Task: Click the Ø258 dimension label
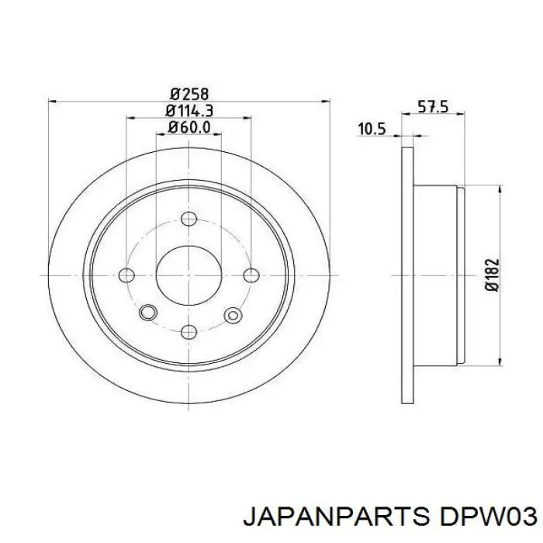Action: pyautogui.click(x=190, y=94)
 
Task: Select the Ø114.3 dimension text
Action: pyautogui.click(x=189, y=111)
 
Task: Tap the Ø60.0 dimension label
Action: pyautogui.click(x=189, y=127)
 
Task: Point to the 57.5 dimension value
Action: pyautogui.click(x=433, y=107)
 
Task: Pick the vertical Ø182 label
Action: pyautogui.click(x=492, y=275)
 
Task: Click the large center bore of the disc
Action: pyautogui.click(x=188, y=275)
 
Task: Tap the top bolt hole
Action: pyautogui.click(x=189, y=219)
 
